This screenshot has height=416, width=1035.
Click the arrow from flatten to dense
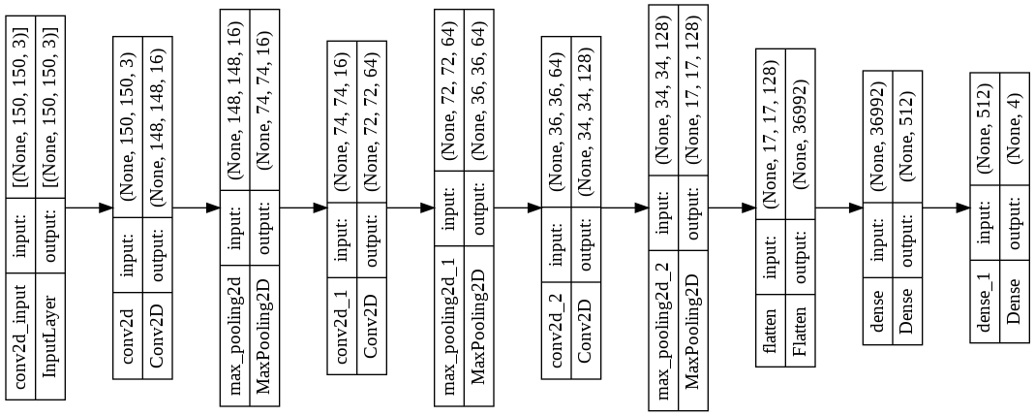tap(838, 208)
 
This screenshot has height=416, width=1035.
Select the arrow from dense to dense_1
tap(945, 208)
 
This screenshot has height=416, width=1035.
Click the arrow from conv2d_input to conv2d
tap(90, 208)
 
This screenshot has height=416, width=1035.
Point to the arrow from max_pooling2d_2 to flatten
tap(731, 208)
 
